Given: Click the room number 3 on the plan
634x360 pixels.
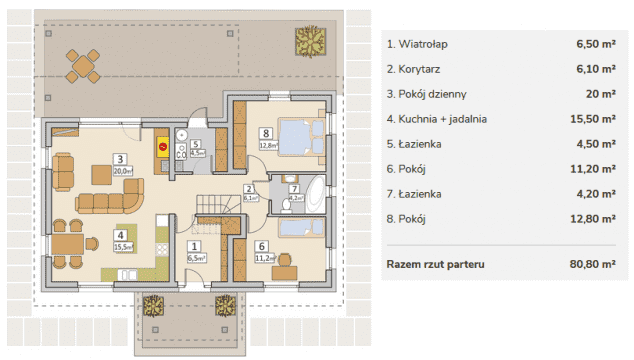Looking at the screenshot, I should pyautogui.click(x=119, y=158).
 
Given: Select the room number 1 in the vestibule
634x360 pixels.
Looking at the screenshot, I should pyautogui.click(x=194, y=245).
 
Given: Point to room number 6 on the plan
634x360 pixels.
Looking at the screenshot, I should pyautogui.click(x=261, y=245).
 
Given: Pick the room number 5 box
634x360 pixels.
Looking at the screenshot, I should pyautogui.click(x=196, y=144).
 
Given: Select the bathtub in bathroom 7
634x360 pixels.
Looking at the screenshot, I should pyautogui.click(x=311, y=191).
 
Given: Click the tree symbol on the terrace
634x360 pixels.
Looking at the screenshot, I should pyautogui.click(x=308, y=42).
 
